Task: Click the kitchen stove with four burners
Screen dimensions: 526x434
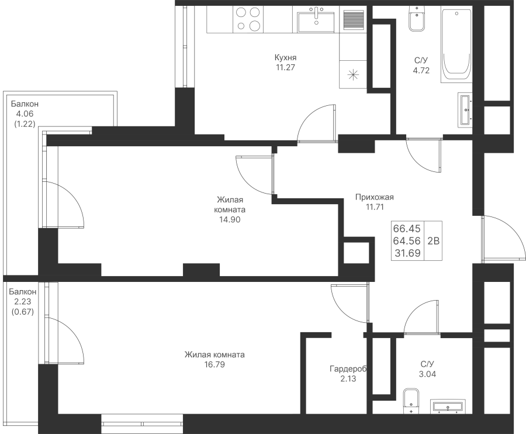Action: (x=248, y=19)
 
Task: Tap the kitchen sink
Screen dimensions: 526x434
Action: (x=316, y=22)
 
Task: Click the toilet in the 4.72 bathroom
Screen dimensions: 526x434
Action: (x=417, y=20)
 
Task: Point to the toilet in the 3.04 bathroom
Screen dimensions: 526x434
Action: (x=411, y=401)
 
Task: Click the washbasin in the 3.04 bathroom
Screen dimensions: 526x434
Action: (x=448, y=406)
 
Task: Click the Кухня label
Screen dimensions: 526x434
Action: (x=285, y=57)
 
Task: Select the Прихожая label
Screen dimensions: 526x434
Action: (x=375, y=197)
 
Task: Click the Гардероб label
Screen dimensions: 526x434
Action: (x=348, y=369)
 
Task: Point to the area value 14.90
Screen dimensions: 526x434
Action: (x=230, y=219)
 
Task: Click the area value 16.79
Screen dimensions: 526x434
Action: (x=214, y=364)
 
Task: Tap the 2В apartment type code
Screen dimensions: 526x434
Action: (x=434, y=240)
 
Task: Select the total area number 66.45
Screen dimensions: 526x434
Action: (x=407, y=229)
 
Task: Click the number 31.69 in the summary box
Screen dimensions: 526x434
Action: (x=407, y=253)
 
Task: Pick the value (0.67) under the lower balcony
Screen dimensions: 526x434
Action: (x=23, y=312)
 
